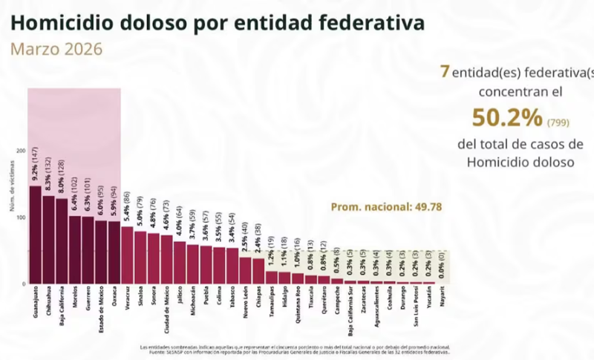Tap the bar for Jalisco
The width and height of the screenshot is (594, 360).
(180, 262)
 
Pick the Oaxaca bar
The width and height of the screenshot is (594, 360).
(114, 252)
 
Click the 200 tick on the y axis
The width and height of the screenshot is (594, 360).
(21, 151)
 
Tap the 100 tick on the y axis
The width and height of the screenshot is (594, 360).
(21, 217)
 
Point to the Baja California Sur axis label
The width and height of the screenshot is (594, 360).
(350, 315)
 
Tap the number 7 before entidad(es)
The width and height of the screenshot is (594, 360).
(445, 71)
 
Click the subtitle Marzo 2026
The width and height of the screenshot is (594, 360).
(56, 50)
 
